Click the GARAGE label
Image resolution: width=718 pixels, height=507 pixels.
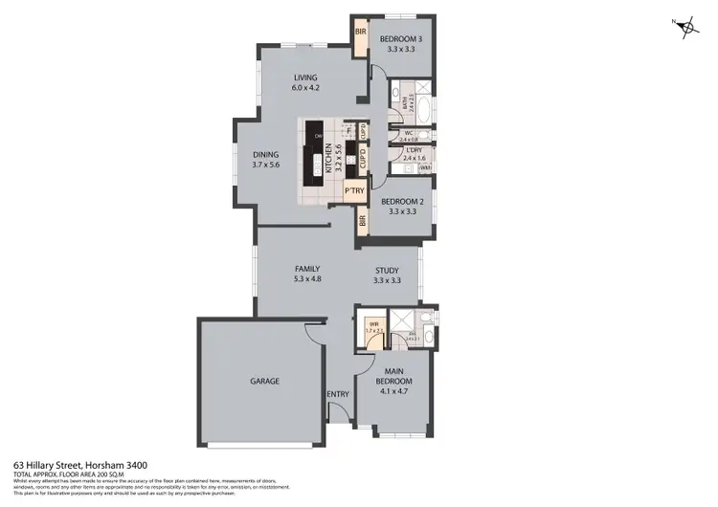click(x=264, y=381)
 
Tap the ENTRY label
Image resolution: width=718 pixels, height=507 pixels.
click(x=337, y=394)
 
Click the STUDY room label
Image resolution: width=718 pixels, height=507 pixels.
click(x=387, y=270)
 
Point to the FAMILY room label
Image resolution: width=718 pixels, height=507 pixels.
click(x=306, y=269)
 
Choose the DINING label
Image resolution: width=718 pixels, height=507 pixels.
click(x=265, y=155)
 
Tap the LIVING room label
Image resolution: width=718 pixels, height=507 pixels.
click(x=305, y=77)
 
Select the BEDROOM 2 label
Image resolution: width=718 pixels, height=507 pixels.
click(x=402, y=202)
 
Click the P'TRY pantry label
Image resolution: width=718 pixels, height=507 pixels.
click(x=355, y=192)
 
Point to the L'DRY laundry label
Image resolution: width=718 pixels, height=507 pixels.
click(x=415, y=150)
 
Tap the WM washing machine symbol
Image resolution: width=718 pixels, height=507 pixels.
click(x=425, y=168)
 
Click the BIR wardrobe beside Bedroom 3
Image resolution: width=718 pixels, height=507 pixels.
click(x=361, y=33)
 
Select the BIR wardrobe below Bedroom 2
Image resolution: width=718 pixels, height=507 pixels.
click(x=362, y=222)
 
